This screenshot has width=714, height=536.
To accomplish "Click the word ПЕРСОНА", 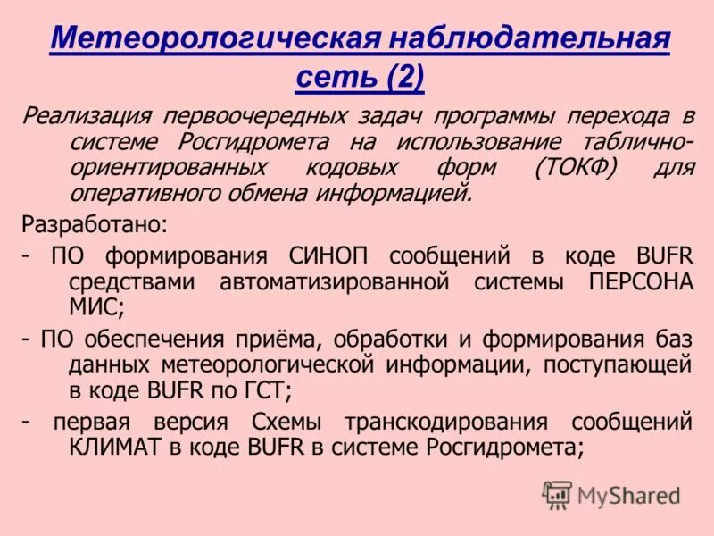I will point(642,282).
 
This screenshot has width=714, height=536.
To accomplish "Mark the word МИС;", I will point(95,308).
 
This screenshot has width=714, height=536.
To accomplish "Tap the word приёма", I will point(276,339).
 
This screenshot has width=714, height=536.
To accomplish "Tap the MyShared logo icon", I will point(557,494).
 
